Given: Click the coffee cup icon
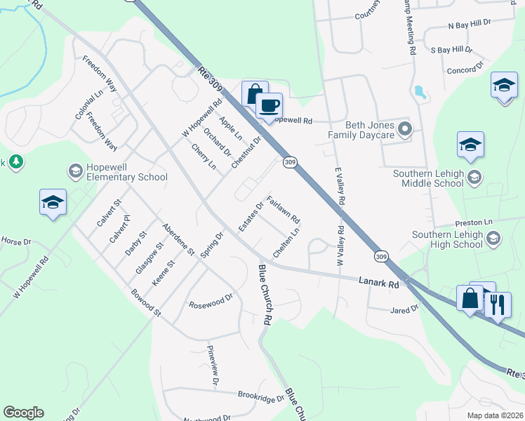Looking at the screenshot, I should (269, 107).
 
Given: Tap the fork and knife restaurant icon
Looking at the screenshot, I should (498, 305).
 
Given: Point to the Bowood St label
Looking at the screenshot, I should (146, 302).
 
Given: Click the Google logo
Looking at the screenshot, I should (23, 413).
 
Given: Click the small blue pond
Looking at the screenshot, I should (420, 92).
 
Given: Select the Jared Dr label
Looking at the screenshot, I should (404, 308).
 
